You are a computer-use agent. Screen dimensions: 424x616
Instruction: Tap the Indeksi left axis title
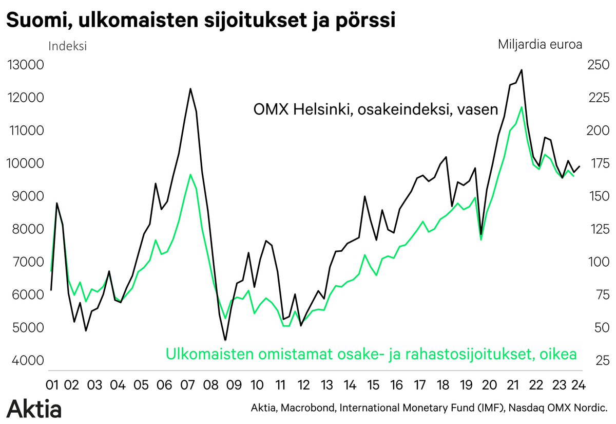pyautogui.click(x=67, y=46)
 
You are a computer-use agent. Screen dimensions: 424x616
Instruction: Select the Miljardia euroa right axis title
pyautogui.click(x=540, y=44)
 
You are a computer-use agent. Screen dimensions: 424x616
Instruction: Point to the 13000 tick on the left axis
pyautogui.click(x=25, y=65)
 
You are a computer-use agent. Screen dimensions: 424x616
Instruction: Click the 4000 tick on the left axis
pyautogui.click(x=25, y=361)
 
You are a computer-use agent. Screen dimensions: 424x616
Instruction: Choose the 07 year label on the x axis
pyautogui.click(x=187, y=384)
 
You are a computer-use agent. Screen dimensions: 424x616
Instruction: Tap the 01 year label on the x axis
pyautogui.click(x=51, y=384)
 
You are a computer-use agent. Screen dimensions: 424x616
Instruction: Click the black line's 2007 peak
pyautogui.click(x=190, y=89)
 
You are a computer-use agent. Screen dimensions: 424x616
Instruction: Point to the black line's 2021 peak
pyautogui.click(x=522, y=70)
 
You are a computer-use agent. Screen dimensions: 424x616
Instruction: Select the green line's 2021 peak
pyautogui.click(x=522, y=107)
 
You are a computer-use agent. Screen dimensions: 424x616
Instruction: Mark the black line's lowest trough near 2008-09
pyautogui.click(x=225, y=340)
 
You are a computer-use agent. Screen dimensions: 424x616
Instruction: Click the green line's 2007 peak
pyautogui.click(x=190, y=175)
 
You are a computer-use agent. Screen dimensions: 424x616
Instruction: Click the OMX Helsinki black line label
pyautogui.click(x=376, y=109)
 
